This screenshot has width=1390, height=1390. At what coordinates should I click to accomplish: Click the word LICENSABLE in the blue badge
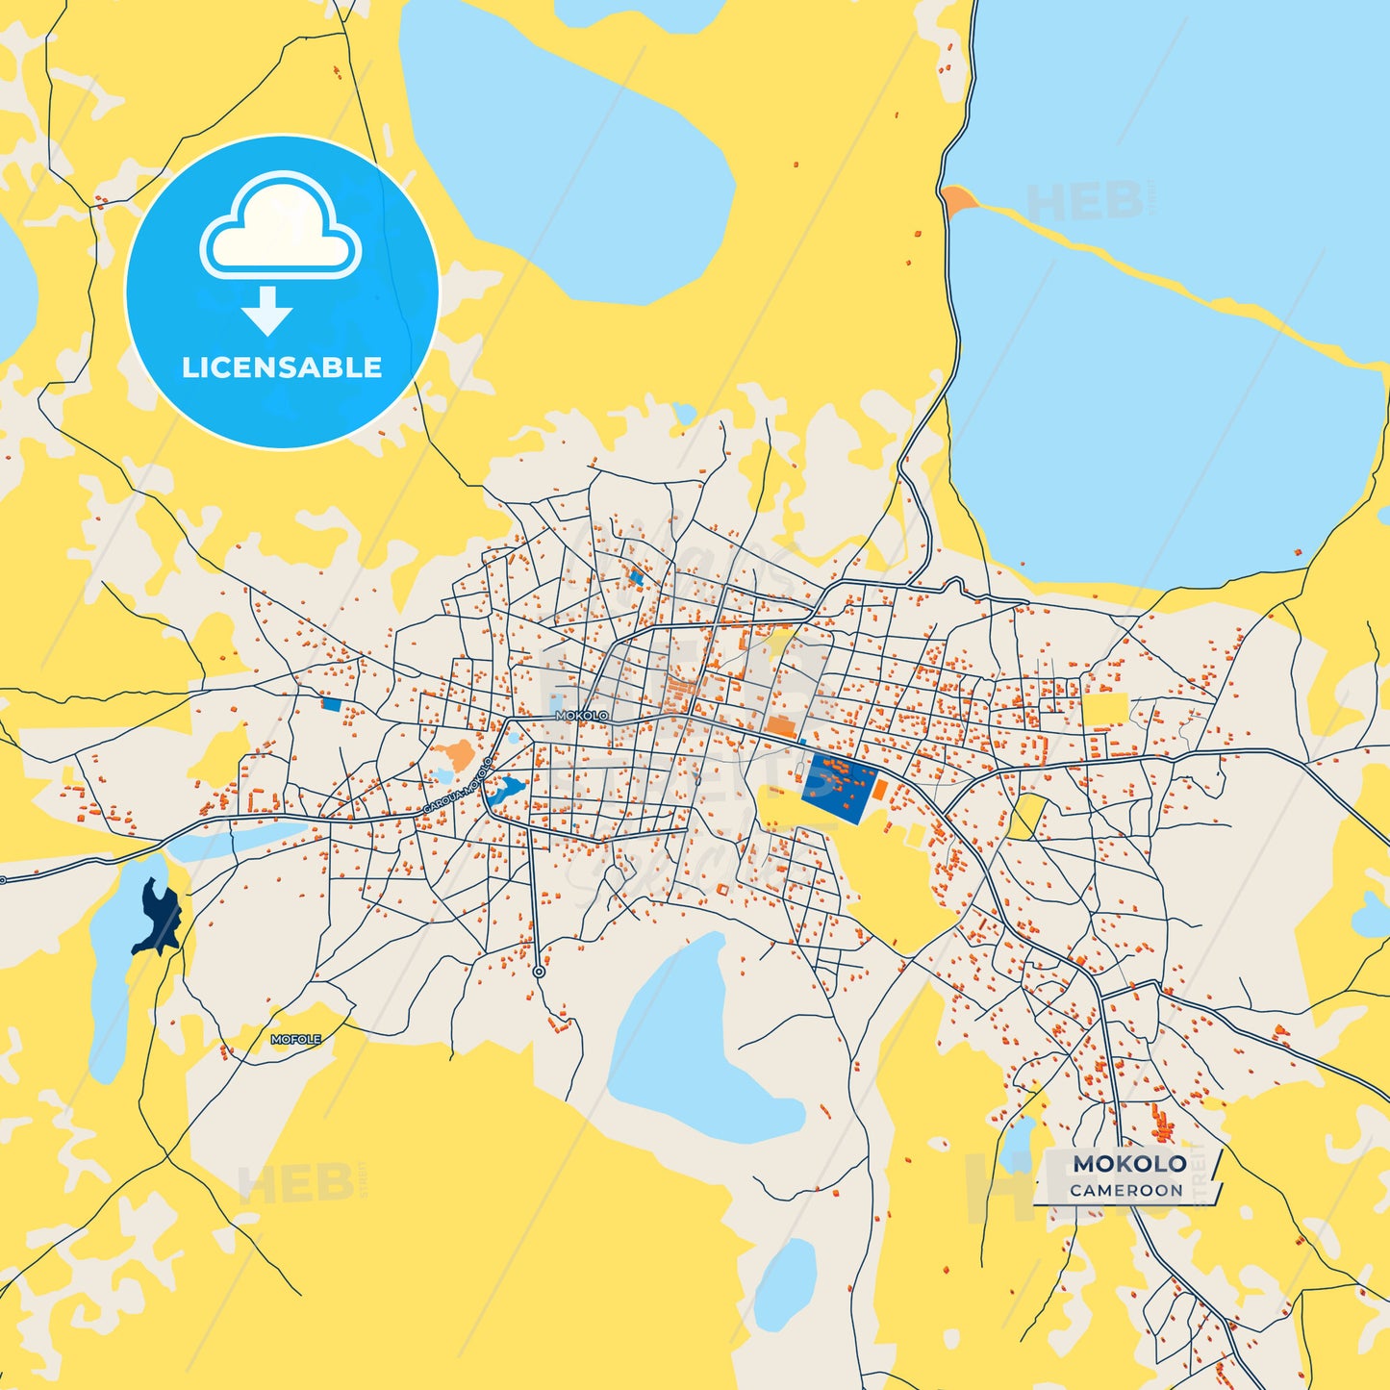coord(282,367)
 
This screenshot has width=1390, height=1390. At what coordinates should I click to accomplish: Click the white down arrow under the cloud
coord(267,310)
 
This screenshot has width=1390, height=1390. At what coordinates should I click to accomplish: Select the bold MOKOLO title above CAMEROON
coord(1129,1164)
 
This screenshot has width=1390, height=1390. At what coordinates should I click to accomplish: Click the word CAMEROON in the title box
coord(1126,1191)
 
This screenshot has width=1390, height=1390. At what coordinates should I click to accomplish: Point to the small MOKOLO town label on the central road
coord(582,716)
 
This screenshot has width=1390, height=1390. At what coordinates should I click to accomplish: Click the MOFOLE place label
coord(295,1040)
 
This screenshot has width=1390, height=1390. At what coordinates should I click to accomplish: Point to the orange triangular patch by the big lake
coord(958,201)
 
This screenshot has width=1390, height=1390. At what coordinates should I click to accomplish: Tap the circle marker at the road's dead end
coord(539,973)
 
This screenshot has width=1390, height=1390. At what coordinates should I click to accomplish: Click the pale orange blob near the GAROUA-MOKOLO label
coord(455,753)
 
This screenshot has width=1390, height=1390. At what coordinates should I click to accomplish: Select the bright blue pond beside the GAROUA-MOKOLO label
coord(505,791)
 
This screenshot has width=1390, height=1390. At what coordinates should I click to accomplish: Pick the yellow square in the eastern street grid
coord(1104,708)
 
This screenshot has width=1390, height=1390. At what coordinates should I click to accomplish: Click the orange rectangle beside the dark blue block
coord(879,790)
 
